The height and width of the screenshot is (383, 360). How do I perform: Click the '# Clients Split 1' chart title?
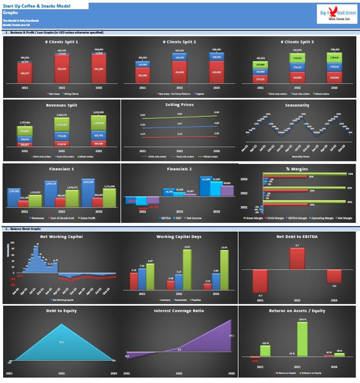pyautogui.click(x=61, y=41)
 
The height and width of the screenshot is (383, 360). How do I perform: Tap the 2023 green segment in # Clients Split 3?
pyautogui.click(x=335, y=59)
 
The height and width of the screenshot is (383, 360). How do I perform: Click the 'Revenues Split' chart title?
pyautogui.click(x=61, y=105)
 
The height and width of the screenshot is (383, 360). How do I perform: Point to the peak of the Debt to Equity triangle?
pyautogui.click(x=61, y=324)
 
